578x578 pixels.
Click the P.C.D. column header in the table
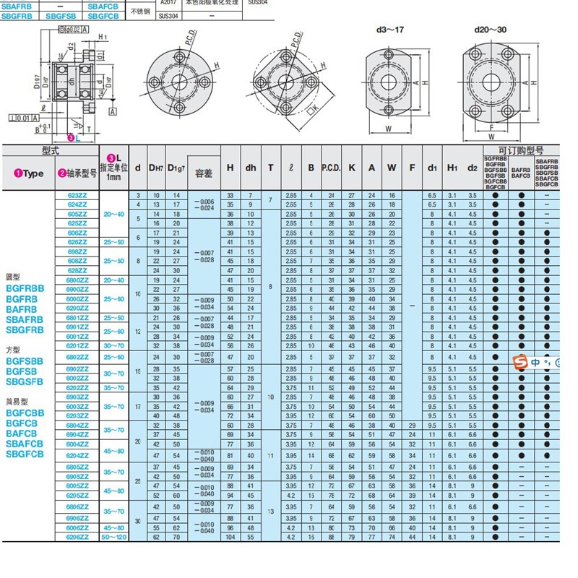pyautogui.click(x=332, y=168)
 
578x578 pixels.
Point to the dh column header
pyautogui.click(x=250, y=168)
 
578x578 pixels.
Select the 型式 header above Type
pyautogui.click(x=50, y=150)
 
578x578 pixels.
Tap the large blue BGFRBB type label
pyautogui.click(x=25, y=288)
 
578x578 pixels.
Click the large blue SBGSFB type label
pyautogui.click(x=25, y=381)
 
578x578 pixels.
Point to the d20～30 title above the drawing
pyautogui.click(x=491, y=30)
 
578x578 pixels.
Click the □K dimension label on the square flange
pyautogui.click(x=312, y=108)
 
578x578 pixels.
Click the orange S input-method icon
pyautogui.click(x=517, y=361)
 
